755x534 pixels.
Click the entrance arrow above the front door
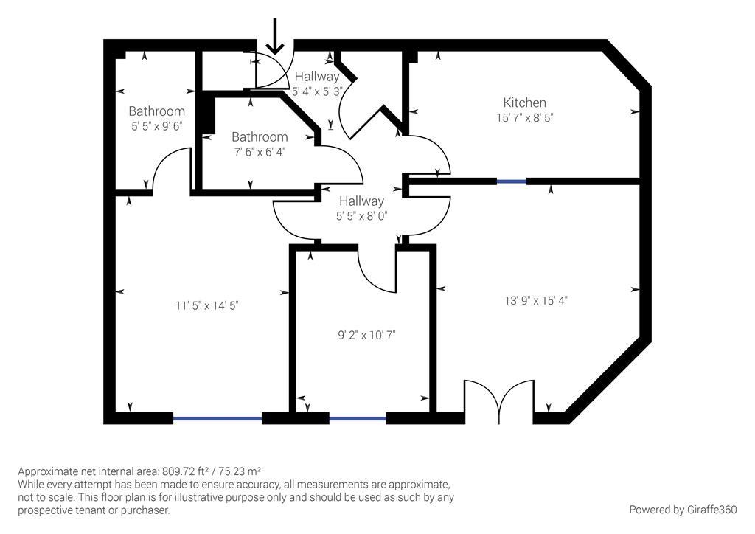(x=275, y=38)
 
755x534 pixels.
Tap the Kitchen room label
(x=524, y=103)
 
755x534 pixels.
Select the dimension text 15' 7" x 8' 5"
(x=524, y=117)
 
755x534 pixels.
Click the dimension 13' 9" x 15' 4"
(x=536, y=300)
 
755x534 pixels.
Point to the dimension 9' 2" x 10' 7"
(x=366, y=335)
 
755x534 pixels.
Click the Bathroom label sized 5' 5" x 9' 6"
(x=156, y=111)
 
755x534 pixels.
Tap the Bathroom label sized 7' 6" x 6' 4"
(x=260, y=137)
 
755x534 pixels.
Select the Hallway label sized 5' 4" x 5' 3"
(x=317, y=77)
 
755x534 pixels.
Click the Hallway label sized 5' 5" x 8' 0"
(x=361, y=201)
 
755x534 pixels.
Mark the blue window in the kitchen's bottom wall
(x=511, y=181)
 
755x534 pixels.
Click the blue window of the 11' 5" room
(x=218, y=418)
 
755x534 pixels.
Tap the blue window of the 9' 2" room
(x=358, y=418)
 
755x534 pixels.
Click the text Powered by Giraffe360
(x=683, y=510)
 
